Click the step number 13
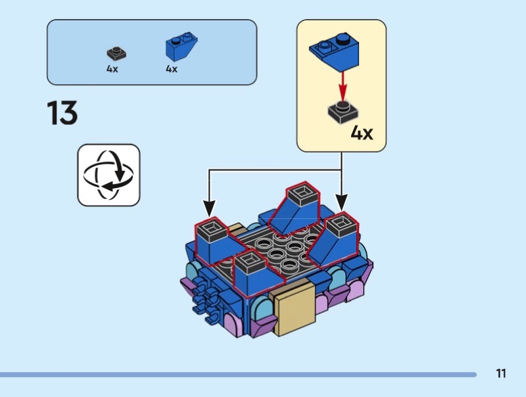click(62, 112)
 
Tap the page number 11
click(501, 374)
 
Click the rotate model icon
click(109, 175)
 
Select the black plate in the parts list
click(117, 53)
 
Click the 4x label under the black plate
click(112, 68)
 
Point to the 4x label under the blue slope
click(172, 68)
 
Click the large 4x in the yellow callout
click(362, 133)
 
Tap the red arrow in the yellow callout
click(342, 84)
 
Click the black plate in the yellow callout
click(343, 112)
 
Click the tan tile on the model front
click(295, 309)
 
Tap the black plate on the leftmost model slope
click(212, 229)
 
